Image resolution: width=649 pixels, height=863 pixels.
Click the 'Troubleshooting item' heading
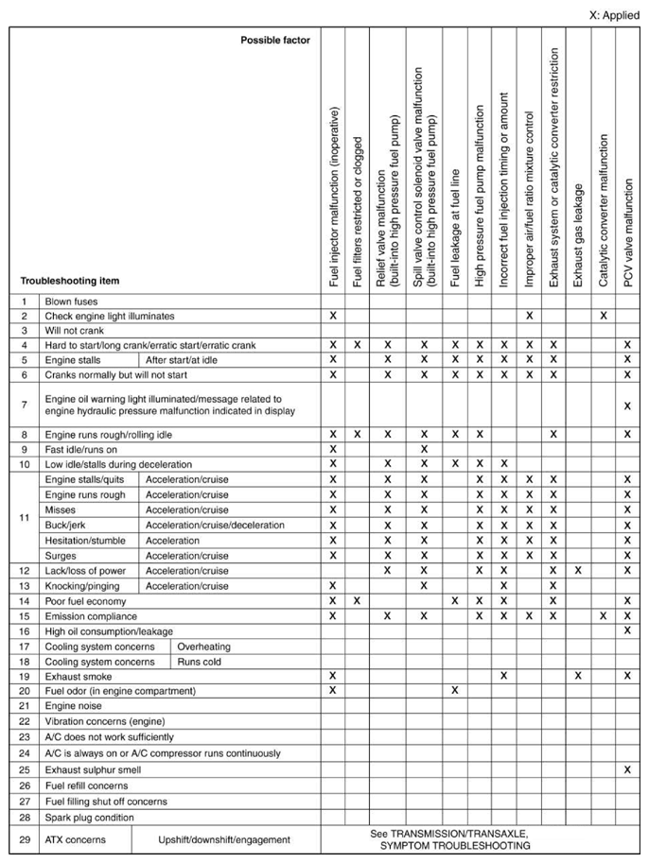pyautogui.click(x=70, y=281)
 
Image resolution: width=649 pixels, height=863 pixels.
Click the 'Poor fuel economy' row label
pyautogui.click(x=85, y=600)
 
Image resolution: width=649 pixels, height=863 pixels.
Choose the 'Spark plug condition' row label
pyautogui.click(x=89, y=817)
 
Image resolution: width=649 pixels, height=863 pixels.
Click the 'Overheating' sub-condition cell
pyautogui.click(x=203, y=647)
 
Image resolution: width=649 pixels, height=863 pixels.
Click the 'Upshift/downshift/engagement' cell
pyautogui.click(x=223, y=839)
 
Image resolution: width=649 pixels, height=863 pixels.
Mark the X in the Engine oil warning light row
pyautogui.click(x=627, y=406)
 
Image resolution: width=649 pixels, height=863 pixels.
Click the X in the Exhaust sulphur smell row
pyautogui.click(x=627, y=770)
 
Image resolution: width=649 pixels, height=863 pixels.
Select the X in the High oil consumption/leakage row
pyautogui.click(x=627, y=630)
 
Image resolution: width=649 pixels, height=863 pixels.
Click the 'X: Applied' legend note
pyautogui.click(x=614, y=15)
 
